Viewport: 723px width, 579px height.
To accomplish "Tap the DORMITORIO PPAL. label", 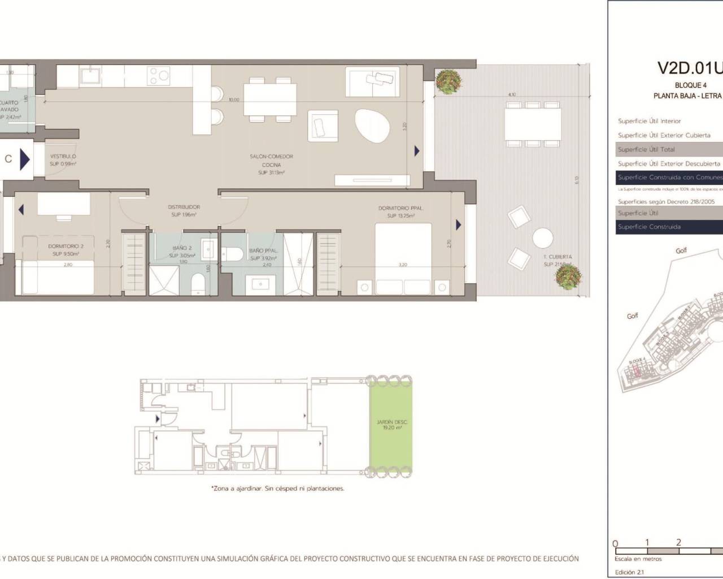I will point(400,209).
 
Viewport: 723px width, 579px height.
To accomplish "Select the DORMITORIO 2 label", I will point(66,247).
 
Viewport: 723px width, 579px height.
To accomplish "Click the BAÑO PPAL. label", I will point(263,250).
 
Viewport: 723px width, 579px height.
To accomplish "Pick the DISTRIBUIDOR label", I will point(184,208).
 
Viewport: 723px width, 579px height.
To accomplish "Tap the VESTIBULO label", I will point(63,157).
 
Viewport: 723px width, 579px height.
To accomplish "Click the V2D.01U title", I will point(690,68).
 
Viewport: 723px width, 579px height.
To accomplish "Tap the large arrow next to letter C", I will point(24,159).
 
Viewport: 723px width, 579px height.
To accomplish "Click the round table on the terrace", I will point(543,237).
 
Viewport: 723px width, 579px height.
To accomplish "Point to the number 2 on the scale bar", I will point(678,542).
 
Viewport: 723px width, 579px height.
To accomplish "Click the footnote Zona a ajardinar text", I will point(277,489).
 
